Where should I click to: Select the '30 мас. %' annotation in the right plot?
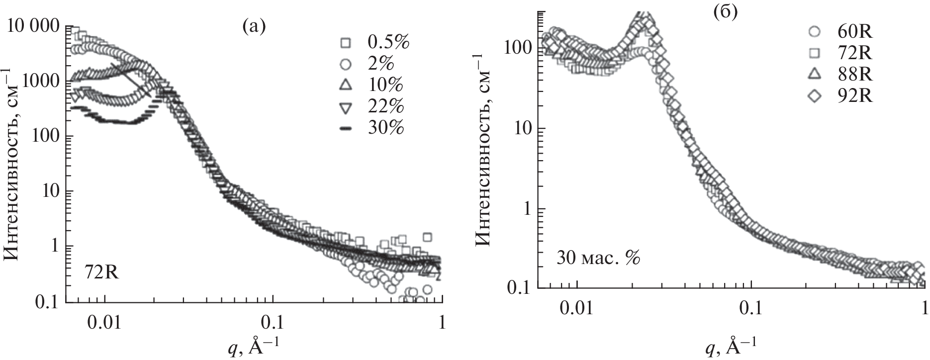[596, 259]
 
